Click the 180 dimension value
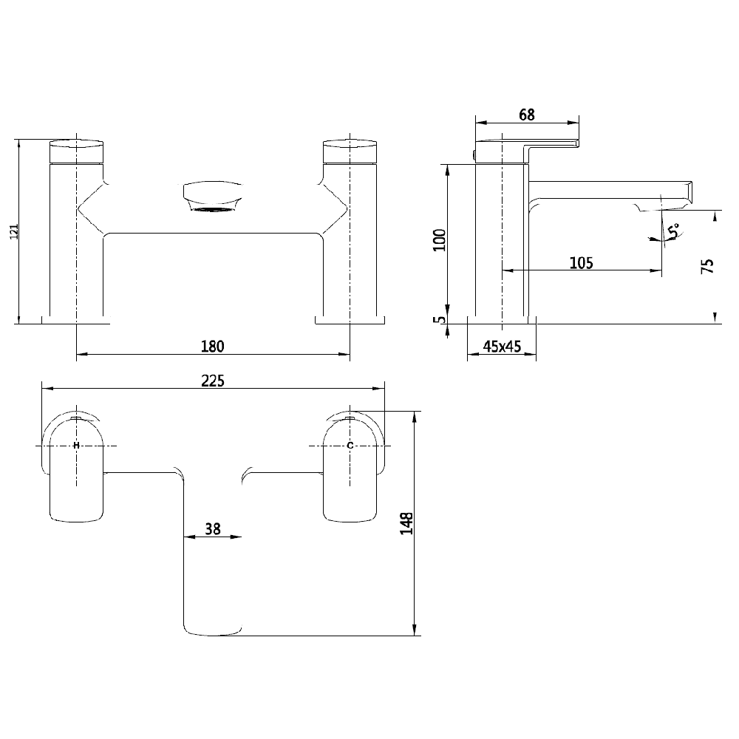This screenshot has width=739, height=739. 213,346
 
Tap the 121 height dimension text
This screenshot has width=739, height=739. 11,231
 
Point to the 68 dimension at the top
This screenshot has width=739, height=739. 526,115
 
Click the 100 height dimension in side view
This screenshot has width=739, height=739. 440,240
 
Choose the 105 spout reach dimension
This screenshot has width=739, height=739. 581,262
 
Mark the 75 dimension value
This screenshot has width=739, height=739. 707,267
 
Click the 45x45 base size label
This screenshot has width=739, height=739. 502,346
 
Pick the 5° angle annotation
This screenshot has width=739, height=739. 673,231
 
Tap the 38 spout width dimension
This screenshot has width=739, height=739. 212,528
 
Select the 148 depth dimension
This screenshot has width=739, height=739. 406,524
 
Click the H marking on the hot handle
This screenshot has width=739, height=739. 76,445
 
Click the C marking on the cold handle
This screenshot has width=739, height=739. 350,445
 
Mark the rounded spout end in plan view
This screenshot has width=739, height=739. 213,628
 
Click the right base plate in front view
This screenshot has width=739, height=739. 350,320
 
